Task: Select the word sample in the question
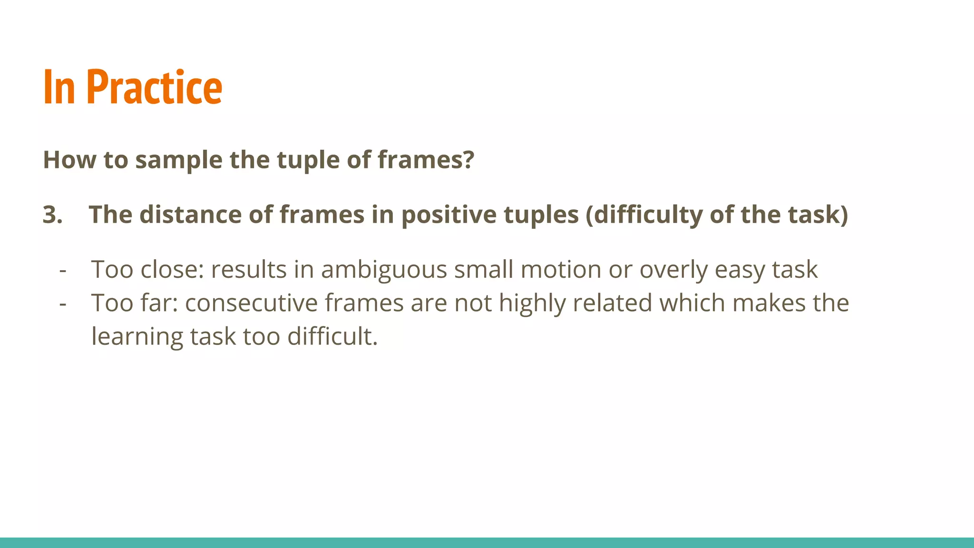(x=178, y=160)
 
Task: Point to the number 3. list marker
(x=52, y=215)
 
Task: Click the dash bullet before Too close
(x=62, y=270)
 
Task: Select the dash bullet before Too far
(x=62, y=303)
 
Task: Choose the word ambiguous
(x=384, y=270)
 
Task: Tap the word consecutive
(x=251, y=303)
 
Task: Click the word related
(x=612, y=303)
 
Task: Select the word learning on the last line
(x=137, y=336)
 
